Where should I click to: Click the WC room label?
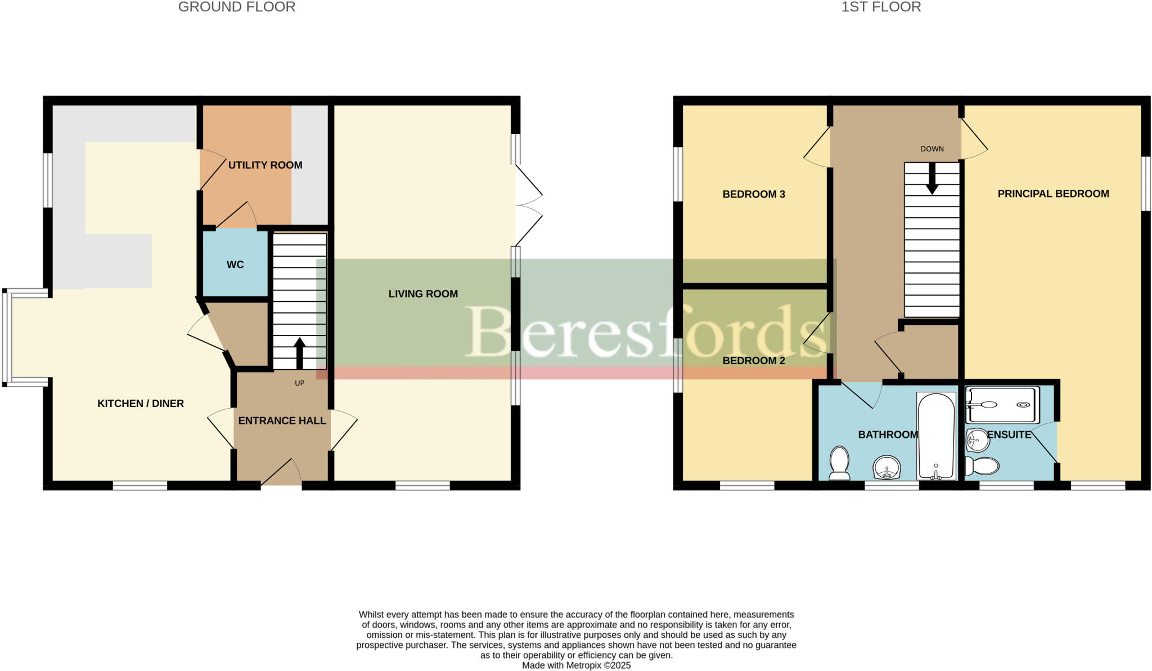[235, 265]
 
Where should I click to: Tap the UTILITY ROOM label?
[265, 165]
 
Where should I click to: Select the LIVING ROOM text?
[423, 294]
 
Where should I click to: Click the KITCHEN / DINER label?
[141, 404]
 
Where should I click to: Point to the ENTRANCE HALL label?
[282, 421]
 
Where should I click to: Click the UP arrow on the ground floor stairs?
[299, 352]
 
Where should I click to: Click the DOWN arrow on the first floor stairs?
[932, 180]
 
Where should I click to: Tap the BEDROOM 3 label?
[754, 194]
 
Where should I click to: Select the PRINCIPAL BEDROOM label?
[1053, 194]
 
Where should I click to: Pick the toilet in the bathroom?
[839, 463]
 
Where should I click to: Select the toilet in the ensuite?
[983, 466]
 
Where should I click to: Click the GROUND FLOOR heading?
[236, 7]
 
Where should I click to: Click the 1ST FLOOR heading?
[881, 7]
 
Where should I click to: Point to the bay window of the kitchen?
[7, 338]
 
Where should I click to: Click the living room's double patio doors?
[528, 205]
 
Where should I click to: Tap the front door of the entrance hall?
[281, 473]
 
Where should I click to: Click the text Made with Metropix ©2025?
[576, 665]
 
